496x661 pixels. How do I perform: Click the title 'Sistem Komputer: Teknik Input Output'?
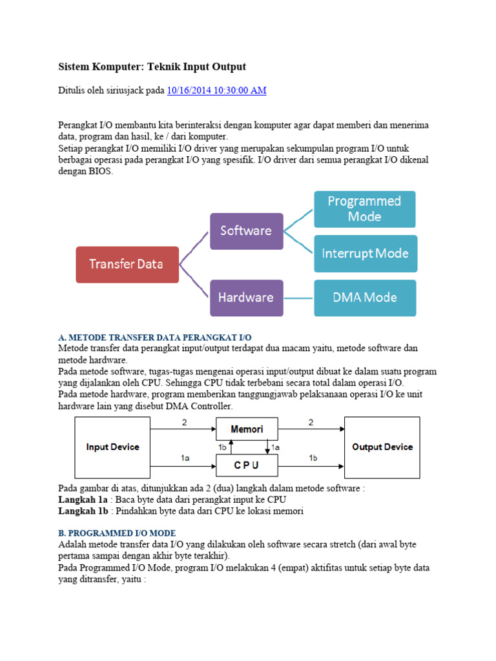152,67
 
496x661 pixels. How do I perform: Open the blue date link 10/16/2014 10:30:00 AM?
216,91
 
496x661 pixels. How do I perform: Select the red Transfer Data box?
127,264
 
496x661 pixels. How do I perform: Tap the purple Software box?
246,230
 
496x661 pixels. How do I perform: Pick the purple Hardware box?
246,298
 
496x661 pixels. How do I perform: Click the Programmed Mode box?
364,209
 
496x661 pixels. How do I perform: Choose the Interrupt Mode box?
365,253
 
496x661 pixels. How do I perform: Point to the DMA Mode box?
365,298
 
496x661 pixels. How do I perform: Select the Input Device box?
112,447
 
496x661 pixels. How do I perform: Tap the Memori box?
247,429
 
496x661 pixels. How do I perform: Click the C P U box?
247,465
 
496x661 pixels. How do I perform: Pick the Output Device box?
382,447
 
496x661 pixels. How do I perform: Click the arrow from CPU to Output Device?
311,465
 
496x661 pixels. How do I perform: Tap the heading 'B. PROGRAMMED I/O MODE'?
116,534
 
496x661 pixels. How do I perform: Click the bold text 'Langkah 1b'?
81,511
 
